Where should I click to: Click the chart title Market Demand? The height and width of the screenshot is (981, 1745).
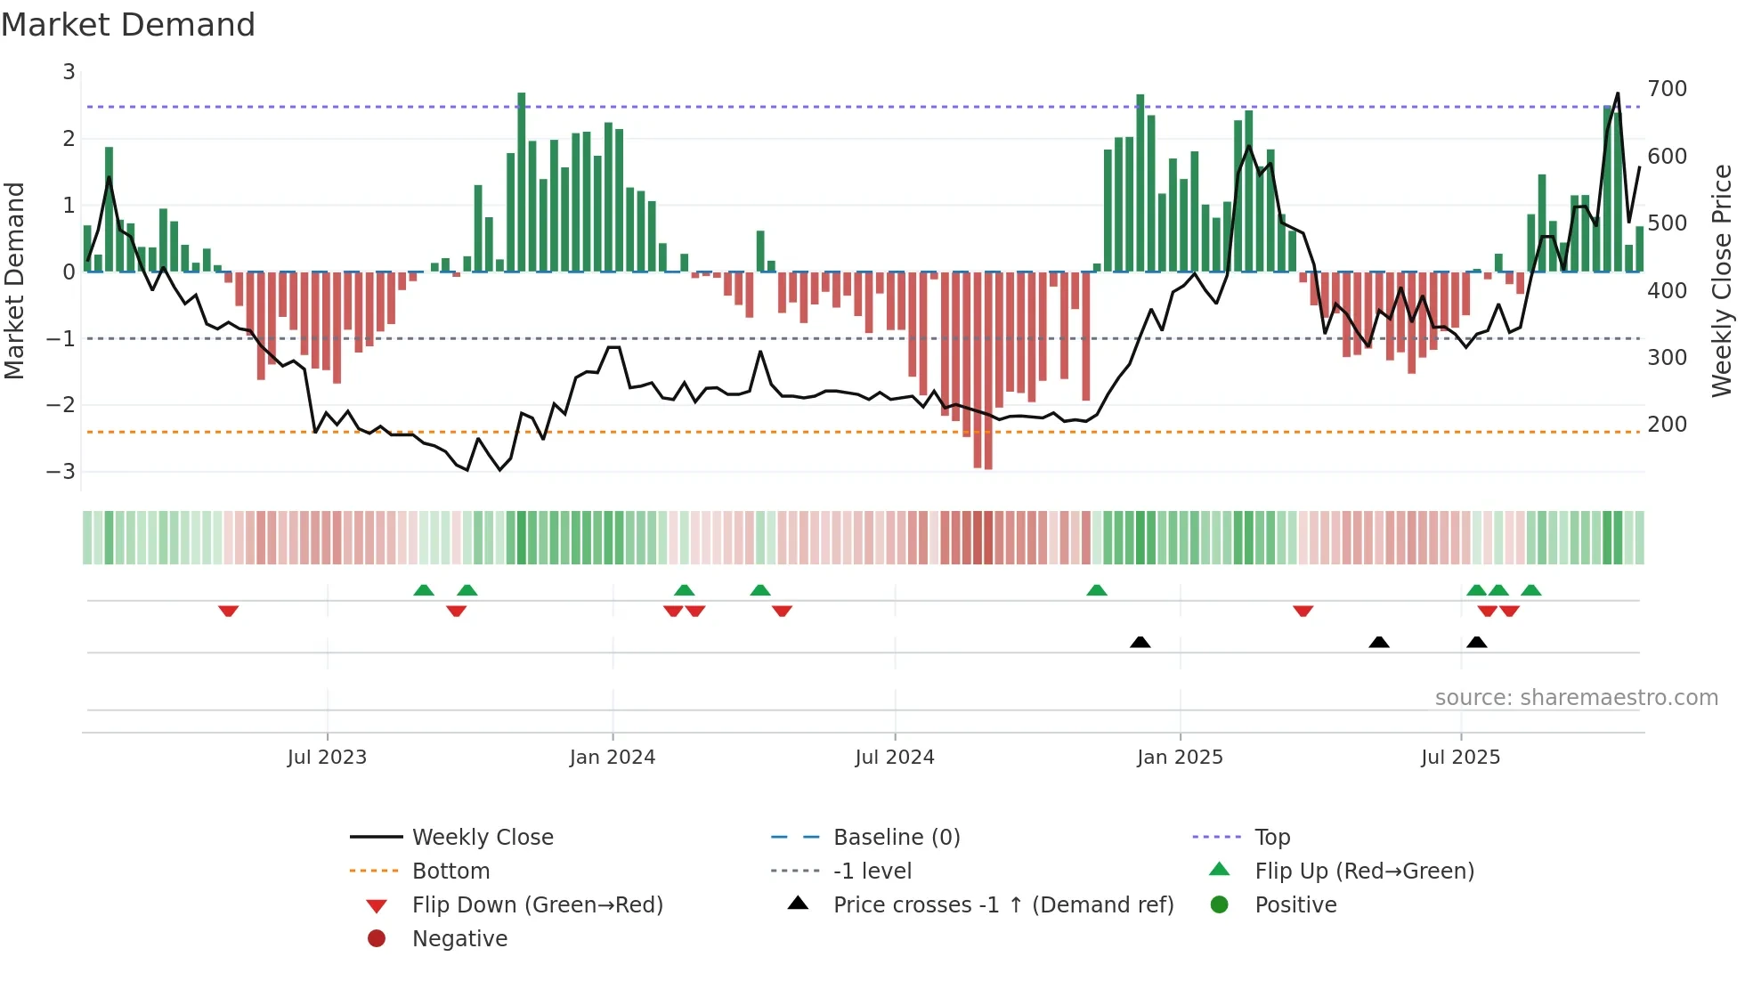coord(128,25)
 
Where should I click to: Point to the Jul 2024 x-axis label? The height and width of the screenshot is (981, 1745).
coord(895,758)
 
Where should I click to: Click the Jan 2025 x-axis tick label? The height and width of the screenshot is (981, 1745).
coord(1180,758)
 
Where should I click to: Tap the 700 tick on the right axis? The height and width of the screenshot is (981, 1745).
coord(1667,89)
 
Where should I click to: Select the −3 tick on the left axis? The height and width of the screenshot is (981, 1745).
coord(61,471)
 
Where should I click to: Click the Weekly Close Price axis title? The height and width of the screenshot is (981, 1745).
coord(1722,280)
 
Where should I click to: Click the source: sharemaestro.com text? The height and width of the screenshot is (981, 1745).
coord(1576,698)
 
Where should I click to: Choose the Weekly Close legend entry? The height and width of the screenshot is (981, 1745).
coord(482,838)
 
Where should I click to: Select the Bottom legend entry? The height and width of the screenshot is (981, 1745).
coord(450,872)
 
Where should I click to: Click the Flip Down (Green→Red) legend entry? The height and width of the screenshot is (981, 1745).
coord(537,905)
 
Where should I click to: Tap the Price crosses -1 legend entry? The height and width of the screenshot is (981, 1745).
coord(1002,905)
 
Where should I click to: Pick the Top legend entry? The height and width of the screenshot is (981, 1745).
coord(1272,838)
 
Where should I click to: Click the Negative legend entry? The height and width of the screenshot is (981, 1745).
coord(459,939)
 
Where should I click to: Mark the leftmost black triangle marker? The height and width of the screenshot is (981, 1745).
coord(1140,642)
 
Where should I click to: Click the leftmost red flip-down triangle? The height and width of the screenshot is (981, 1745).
coord(228,611)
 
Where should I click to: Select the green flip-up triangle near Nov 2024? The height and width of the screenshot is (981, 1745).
coord(1097,590)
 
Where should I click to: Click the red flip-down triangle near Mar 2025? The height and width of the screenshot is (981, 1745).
coord(1303,611)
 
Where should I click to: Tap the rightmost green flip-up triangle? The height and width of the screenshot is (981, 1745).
coord(1530,590)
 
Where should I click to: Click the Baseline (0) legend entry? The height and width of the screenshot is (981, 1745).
coord(896,838)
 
